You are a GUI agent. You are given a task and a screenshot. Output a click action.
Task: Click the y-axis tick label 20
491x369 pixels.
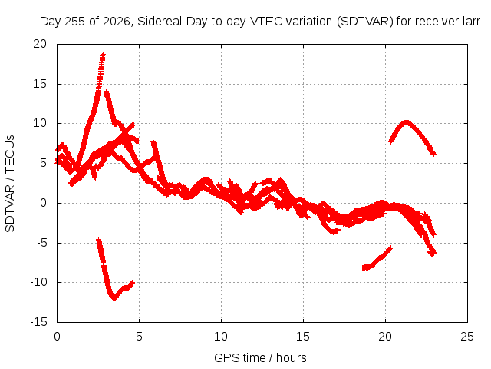(x=40, y=44)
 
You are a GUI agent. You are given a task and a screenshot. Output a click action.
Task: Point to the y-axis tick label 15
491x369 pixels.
(x=40, y=84)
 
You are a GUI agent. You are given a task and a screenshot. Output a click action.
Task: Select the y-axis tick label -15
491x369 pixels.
(x=38, y=322)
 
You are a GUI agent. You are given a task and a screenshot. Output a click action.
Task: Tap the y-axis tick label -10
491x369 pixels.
(x=38, y=282)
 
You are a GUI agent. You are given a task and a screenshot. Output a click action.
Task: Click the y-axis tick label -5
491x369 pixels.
(x=41, y=243)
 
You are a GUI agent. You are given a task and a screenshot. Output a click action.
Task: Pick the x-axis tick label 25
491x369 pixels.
(x=467, y=337)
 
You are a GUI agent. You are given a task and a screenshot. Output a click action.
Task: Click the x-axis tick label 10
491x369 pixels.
(x=221, y=337)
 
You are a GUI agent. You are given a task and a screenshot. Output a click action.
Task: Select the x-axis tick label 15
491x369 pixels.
(x=303, y=337)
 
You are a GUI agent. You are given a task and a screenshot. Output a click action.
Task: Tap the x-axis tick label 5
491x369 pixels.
(x=139, y=337)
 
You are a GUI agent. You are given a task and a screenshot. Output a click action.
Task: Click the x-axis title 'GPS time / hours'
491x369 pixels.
(x=260, y=357)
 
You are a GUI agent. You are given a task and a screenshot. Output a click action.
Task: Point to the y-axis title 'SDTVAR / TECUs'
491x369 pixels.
(x=10, y=184)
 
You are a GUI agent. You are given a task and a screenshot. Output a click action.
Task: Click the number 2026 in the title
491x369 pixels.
(x=117, y=22)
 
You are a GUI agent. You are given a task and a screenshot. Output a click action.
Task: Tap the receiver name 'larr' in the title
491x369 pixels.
(x=471, y=22)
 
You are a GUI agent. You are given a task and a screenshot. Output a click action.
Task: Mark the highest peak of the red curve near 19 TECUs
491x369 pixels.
(x=103, y=55)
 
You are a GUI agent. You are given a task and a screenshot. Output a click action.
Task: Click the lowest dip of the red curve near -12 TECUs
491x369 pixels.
(x=114, y=298)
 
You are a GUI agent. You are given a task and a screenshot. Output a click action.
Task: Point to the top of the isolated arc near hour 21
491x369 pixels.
(x=406, y=122)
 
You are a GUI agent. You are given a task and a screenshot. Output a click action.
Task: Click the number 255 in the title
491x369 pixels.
(x=75, y=22)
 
